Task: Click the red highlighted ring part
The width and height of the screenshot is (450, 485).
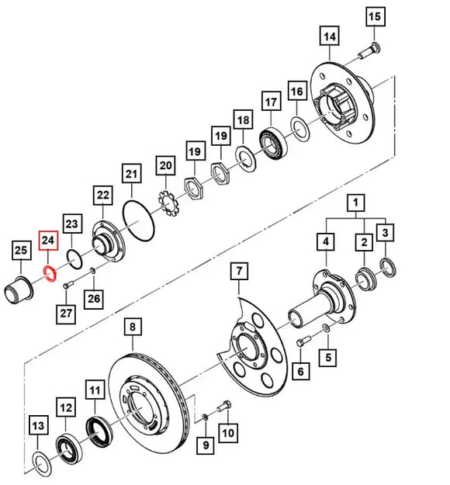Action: (x=47, y=273)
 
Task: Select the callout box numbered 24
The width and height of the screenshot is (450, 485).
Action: (x=47, y=241)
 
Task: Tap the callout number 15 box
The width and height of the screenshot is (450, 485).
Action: (x=375, y=16)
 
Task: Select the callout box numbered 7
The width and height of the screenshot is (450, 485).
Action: (x=239, y=272)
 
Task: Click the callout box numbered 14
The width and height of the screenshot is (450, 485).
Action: (x=329, y=36)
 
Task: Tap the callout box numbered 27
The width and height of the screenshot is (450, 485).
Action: (x=65, y=313)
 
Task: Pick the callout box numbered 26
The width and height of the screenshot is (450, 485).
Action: (x=93, y=297)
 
